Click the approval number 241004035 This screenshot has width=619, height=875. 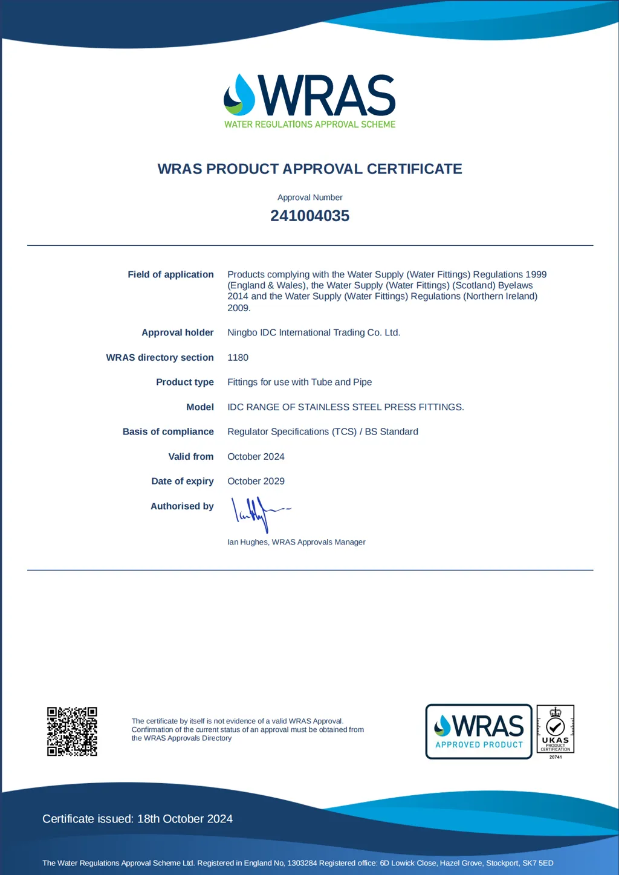point(309,216)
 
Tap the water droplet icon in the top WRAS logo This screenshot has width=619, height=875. point(240,95)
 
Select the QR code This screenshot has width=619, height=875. point(72,731)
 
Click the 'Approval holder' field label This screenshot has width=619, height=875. point(178,332)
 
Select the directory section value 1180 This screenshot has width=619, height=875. point(238,358)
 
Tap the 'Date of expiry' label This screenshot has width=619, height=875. point(182,481)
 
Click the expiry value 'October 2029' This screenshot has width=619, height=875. point(256,481)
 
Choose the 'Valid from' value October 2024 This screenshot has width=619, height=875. point(256,457)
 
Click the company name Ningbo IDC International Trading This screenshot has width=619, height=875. point(313,332)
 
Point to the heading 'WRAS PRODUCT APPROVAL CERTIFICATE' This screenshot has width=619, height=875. point(309,169)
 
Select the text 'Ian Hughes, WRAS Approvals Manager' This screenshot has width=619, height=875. point(296,542)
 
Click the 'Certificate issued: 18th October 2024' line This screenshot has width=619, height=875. point(137,819)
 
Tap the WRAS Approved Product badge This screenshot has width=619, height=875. point(479,731)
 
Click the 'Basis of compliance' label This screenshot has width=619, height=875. point(168,431)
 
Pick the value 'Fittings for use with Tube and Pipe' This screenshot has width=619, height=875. point(299,382)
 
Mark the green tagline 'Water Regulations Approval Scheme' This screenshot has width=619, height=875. point(309,124)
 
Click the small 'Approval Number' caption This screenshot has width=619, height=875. point(309,198)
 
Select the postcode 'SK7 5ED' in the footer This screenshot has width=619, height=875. point(537,863)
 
